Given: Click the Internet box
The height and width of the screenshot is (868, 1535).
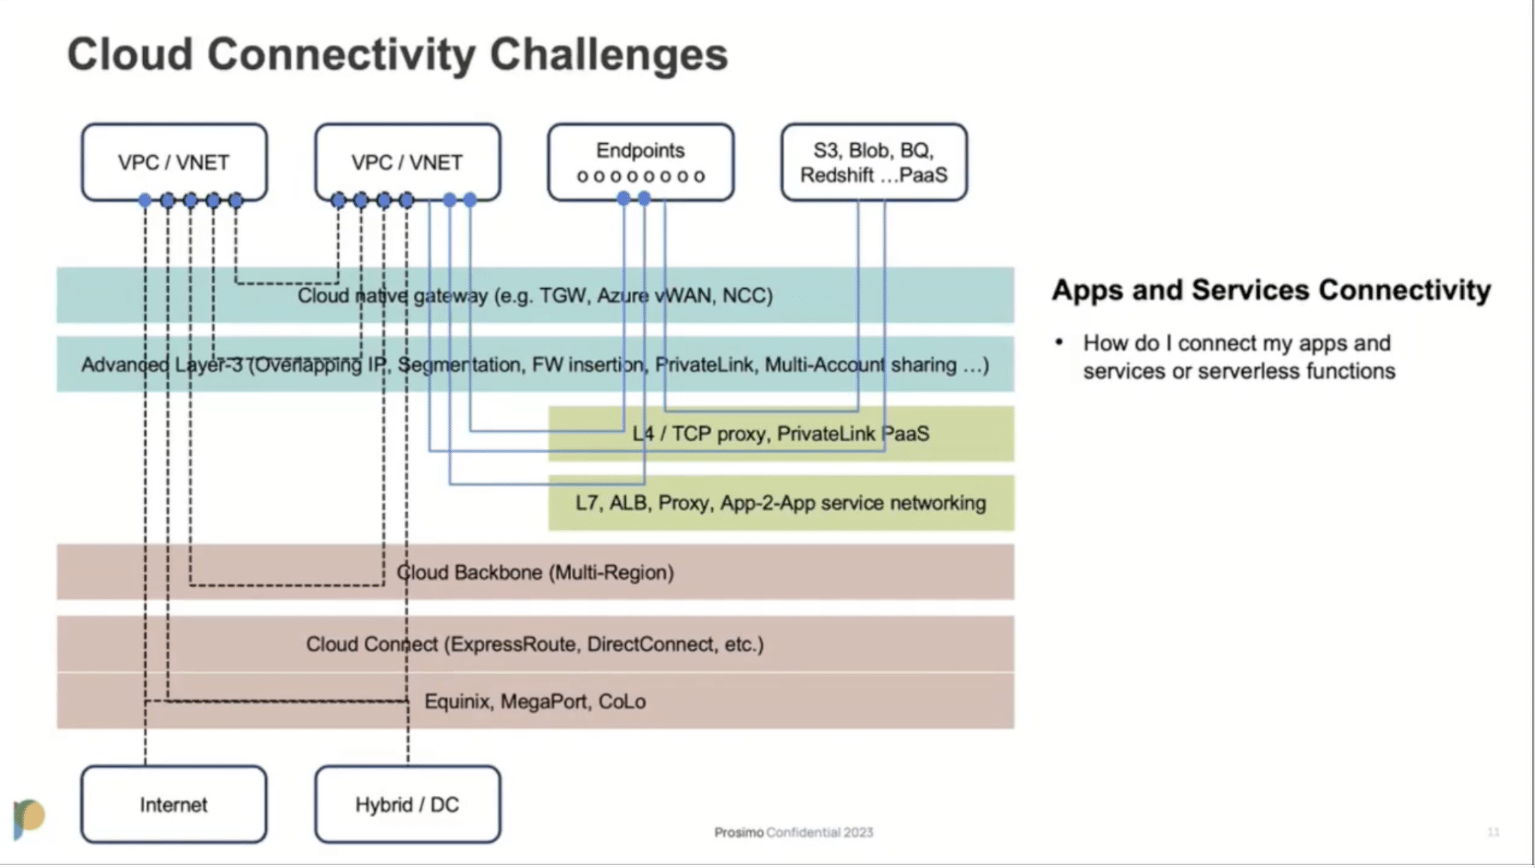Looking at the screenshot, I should coord(173,804).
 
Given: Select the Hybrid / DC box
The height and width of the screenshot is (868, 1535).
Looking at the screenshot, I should coord(407,804).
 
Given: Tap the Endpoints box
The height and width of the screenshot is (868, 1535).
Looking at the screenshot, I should coord(640,162).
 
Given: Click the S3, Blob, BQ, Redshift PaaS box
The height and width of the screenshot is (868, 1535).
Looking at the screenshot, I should coord(874,162).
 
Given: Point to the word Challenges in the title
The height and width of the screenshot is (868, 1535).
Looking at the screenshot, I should coord(609,55).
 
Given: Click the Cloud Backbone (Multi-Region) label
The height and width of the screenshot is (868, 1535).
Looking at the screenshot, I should coord(535,573).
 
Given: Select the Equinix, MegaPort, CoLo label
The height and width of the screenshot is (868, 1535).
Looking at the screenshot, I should coord(535,702).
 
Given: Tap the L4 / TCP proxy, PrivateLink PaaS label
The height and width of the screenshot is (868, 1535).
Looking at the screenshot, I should coord(781,434).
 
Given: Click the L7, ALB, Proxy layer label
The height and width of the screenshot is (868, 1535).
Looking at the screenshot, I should coord(781,503).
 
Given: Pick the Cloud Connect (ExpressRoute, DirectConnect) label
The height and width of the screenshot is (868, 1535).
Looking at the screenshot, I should coord(535,645).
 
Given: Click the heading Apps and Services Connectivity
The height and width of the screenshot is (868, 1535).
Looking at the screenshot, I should coord(1271,290).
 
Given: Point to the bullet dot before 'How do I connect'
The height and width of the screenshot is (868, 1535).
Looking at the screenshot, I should coord(1059,343).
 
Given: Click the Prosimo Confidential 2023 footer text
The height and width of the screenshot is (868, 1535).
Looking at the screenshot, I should coord(794,832).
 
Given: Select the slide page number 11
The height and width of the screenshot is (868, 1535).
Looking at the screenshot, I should coord(1493,832).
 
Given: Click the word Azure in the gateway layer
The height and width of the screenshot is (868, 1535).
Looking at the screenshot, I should coord(622,295).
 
